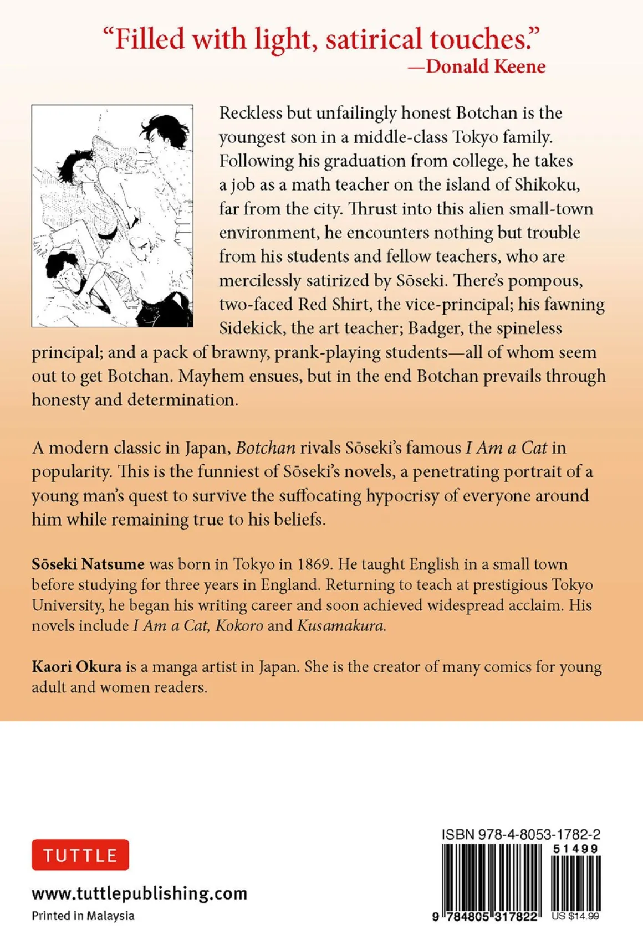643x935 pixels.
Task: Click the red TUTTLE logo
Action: [x=80, y=855]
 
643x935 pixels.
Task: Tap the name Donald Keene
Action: [x=485, y=66]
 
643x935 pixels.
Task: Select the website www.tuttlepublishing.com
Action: [x=139, y=893]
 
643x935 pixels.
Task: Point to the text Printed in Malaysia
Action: [x=83, y=916]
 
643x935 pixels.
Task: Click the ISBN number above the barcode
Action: [x=521, y=834]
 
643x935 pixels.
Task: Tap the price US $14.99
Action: [x=575, y=916]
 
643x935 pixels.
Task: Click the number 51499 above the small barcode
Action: [x=575, y=849]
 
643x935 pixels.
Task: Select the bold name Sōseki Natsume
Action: [x=88, y=564]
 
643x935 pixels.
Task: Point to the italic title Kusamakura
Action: [x=341, y=625]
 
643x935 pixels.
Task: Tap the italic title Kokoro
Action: [x=239, y=625]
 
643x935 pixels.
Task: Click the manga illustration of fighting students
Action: [x=113, y=216]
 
